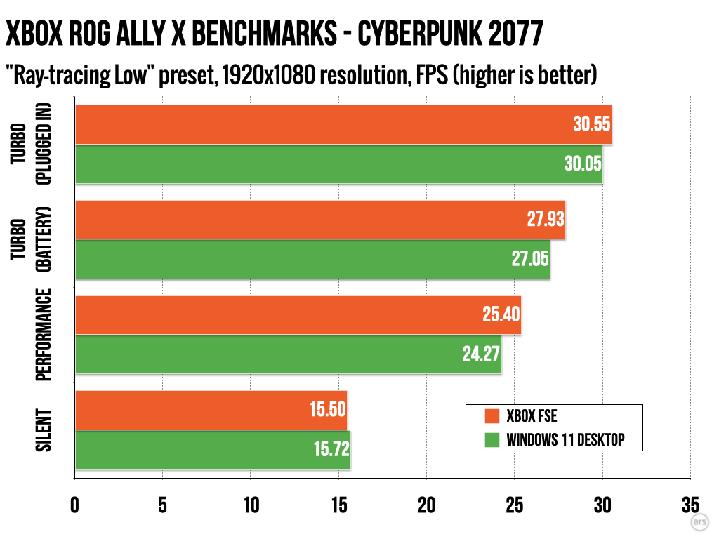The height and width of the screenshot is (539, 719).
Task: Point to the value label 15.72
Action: pos(328,449)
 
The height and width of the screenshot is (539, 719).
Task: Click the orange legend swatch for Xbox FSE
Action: pos(492,417)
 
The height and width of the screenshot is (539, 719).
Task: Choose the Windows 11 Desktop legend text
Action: pos(565,440)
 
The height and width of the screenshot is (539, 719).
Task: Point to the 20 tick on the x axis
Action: pos(427,506)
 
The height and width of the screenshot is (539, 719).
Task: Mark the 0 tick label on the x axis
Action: pos(75,506)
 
